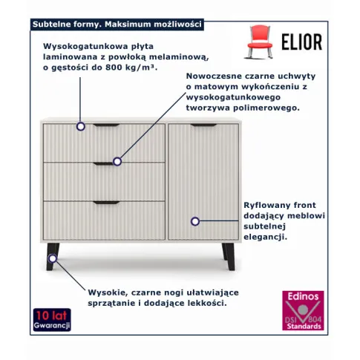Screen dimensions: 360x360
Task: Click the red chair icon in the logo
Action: (x=259, y=42)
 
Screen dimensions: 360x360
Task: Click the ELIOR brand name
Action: (x=302, y=42)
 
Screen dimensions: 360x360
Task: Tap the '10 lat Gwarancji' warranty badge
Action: (x=52, y=320)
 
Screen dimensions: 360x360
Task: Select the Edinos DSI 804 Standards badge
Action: (x=303, y=310)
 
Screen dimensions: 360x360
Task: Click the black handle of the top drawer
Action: (x=106, y=125)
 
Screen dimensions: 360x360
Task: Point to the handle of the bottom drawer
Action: (x=106, y=203)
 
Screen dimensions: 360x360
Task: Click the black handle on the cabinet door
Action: (x=203, y=125)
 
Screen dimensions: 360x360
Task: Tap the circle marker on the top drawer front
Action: (x=80, y=126)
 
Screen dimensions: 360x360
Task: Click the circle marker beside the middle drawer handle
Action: (x=117, y=162)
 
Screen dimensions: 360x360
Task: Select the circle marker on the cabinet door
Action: (x=195, y=221)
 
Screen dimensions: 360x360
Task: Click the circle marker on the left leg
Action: (x=53, y=258)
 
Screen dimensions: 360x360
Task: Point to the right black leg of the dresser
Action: (x=229, y=256)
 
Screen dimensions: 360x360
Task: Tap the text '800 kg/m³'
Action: (x=131, y=68)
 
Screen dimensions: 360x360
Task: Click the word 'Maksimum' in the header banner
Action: (x=128, y=24)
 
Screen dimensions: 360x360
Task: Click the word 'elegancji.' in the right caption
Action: (x=266, y=237)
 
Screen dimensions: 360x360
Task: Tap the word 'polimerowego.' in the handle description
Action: (x=266, y=108)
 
